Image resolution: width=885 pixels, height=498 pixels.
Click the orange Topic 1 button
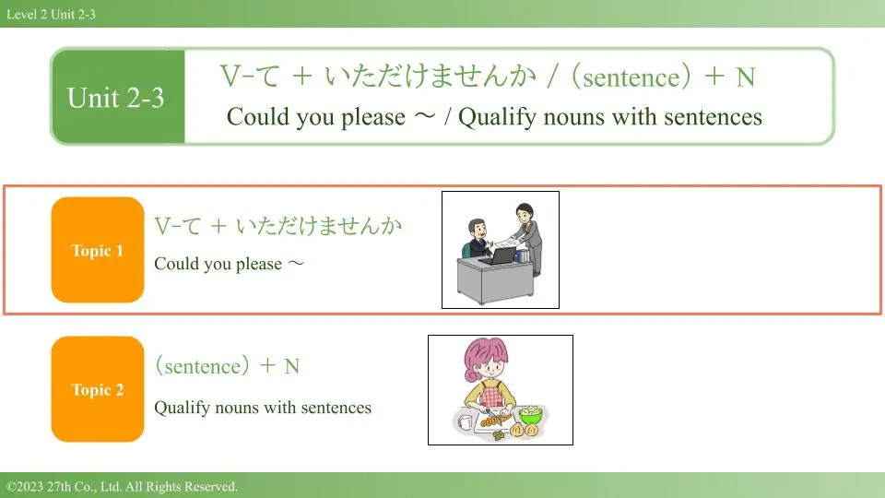[98, 250]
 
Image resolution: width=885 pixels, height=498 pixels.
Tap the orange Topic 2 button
[98, 389]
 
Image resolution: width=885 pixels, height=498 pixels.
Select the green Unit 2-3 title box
[118, 97]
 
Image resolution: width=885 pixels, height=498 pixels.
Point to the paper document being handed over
[506, 243]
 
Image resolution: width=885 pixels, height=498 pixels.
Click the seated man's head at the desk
[478, 229]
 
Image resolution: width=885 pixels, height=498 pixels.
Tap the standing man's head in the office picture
[525, 213]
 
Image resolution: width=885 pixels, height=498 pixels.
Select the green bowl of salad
[530, 415]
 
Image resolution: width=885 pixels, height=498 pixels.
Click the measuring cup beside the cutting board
[465, 421]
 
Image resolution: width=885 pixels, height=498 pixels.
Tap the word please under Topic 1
[258, 265]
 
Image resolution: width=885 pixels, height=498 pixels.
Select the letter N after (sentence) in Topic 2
[292, 366]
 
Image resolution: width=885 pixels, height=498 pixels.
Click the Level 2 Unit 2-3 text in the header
[51, 14]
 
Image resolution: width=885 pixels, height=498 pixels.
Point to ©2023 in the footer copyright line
[24, 486]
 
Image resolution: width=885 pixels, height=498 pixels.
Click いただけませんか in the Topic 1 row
[319, 225]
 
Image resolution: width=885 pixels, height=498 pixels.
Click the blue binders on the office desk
[523, 255]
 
